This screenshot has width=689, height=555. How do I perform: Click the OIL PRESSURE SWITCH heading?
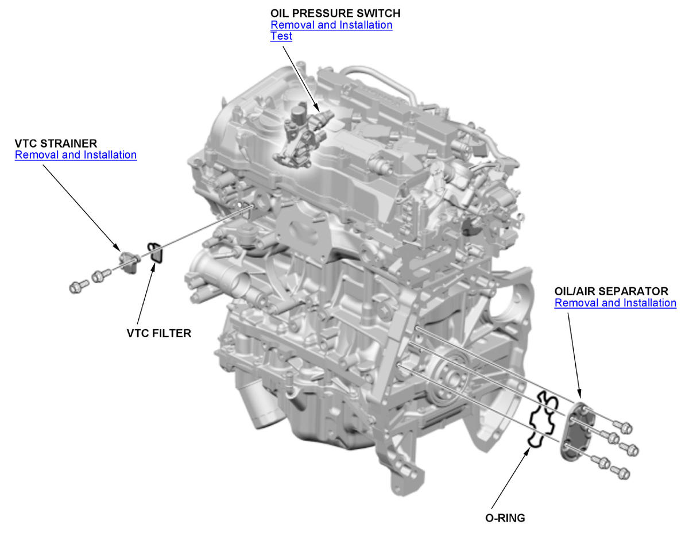coord(335,13)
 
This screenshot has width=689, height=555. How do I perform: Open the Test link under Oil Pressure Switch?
coord(281,36)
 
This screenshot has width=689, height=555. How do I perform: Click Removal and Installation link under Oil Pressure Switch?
coord(331,25)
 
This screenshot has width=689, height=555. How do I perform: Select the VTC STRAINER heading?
coord(56,143)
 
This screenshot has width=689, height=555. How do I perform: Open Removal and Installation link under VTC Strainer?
coord(76,155)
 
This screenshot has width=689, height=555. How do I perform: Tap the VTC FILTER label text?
coord(158,333)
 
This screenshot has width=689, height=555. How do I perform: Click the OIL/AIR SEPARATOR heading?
coord(611,291)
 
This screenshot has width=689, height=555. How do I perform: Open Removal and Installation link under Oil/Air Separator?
coord(615,303)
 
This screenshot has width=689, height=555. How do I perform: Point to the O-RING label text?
coord(505,518)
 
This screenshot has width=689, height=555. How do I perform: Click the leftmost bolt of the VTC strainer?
coord(78,286)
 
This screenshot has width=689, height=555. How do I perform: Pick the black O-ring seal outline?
coord(541,419)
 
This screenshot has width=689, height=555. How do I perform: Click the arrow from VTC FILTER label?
coord(145,293)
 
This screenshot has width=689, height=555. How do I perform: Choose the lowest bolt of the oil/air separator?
coord(621,473)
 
